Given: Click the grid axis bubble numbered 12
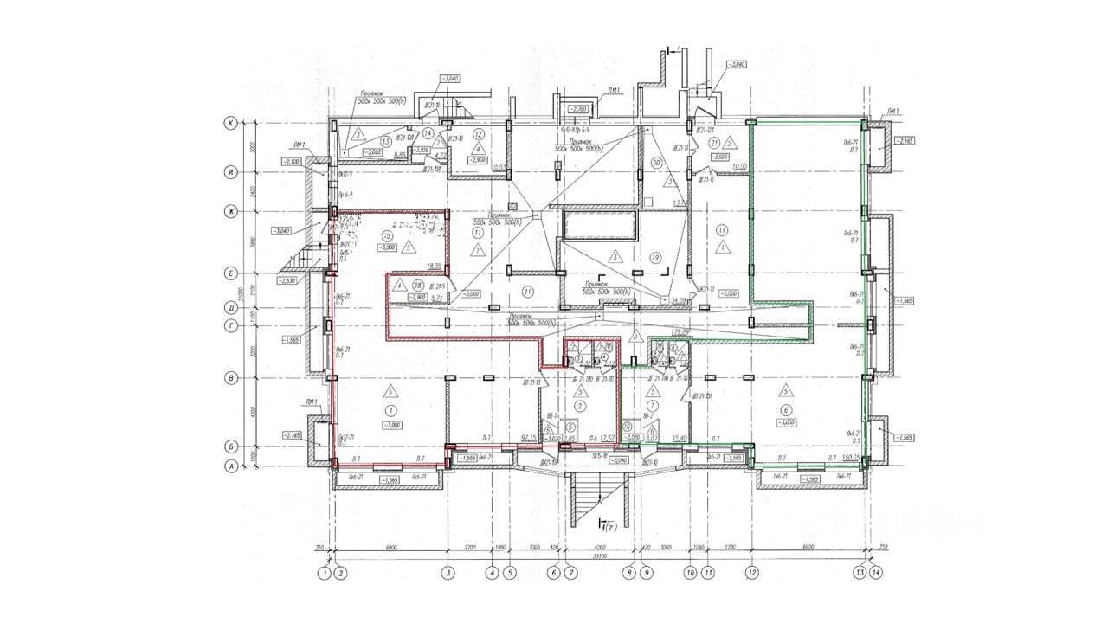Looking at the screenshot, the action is pyautogui.click(x=752, y=572).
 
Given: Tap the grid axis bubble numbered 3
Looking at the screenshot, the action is pyautogui.click(x=448, y=572).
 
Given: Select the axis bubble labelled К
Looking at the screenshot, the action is pyautogui.click(x=231, y=123).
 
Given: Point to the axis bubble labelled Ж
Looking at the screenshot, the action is pyautogui.click(x=231, y=211).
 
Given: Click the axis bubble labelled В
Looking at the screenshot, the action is pyautogui.click(x=231, y=378).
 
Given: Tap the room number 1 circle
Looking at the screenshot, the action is pyautogui.click(x=391, y=410).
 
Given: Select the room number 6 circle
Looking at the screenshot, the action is pyautogui.click(x=786, y=410).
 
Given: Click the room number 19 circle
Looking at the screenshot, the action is pyautogui.click(x=655, y=257).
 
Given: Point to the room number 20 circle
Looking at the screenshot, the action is pyautogui.click(x=655, y=163).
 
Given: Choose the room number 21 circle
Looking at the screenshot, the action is pyautogui.click(x=713, y=142).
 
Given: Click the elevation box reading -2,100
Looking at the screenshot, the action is pyautogui.click(x=292, y=162).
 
